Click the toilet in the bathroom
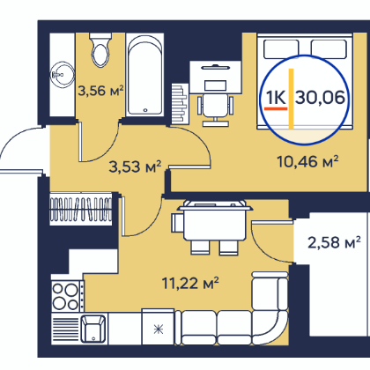[100, 50]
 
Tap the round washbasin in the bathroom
[62, 74]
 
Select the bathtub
[144, 75]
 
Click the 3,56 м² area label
[100, 91]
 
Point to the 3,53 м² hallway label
[135, 166]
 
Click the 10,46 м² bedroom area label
[307, 161]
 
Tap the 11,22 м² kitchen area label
[190, 283]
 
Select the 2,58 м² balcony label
[334, 242]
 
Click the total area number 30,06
[320, 97]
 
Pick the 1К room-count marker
[276, 97]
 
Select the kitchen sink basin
[93, 329]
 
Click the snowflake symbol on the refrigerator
[159, 329]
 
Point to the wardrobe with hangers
[81, 209]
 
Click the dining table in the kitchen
[214, 222]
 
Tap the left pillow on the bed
[281, 49]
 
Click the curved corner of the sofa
[271, 329]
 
